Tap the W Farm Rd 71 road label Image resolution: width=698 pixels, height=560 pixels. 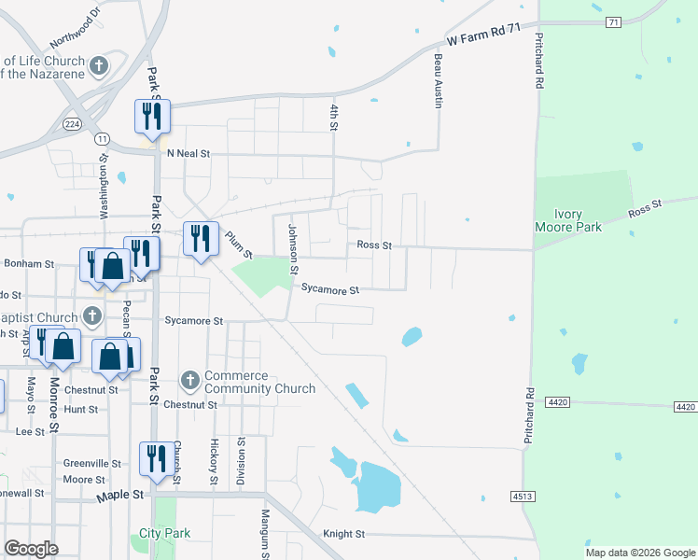click(x=482, y=35)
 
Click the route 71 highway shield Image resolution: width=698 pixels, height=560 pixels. click(x=612, y=22)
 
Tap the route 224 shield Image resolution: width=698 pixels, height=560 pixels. click(x=73, y=123)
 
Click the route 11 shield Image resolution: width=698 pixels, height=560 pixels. click(x=102, y=138)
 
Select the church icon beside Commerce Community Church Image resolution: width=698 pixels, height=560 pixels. click(x=189, y=380)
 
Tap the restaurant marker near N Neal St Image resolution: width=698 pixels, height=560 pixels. click(x=152, y=117)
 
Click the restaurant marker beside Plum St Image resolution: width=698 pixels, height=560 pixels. click(x=201, y=239)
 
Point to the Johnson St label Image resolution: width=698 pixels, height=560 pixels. click(x=292, y=248)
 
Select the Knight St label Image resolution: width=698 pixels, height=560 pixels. click(x=343, y=534)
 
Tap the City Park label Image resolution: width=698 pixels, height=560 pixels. click(x=164, y=533)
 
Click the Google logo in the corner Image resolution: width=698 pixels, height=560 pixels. click(x=31, y=548)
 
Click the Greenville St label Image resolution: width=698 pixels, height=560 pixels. click(x=92, y=463)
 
